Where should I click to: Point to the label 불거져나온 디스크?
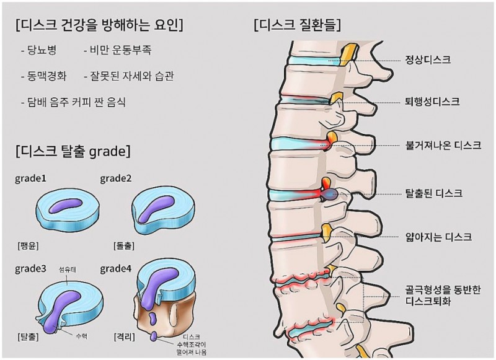click(x=442, y=146)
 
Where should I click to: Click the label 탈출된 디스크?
click(x=433, y=193)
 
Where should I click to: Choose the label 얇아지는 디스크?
click(x=438, y=237)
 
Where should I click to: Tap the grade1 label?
click(x=32, y=179)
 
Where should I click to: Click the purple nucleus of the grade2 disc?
click(x=155, y=207)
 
